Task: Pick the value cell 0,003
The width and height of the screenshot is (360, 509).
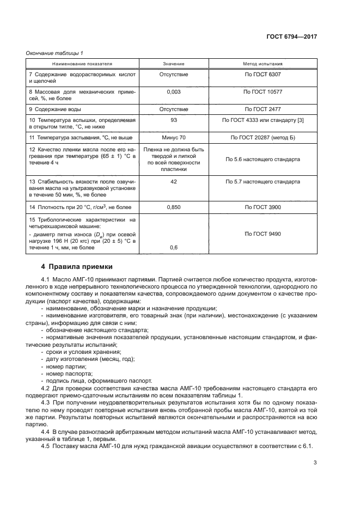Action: point(174,93)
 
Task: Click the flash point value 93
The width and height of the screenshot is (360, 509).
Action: point(174,120)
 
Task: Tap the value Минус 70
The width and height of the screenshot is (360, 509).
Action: point(174,138)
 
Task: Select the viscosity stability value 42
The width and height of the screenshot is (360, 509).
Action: point(174,182)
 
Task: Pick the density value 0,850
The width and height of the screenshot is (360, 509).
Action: point(174,207)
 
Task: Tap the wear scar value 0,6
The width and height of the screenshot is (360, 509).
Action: point(174,248)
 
